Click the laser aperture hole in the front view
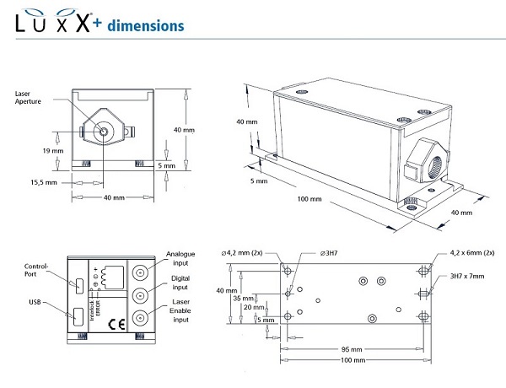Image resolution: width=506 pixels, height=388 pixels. pyautogui.click(x=103, y=132)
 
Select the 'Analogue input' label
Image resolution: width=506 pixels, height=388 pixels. pyautogui.click(x=180, y=258)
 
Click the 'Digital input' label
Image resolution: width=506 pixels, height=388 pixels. pyautogui.click(x=180, y=283)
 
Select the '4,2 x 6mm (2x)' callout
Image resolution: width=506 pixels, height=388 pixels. pyautogui.click(x=476, y=251)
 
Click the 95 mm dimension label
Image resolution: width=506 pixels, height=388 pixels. pyautogui.click(x=353, y=348)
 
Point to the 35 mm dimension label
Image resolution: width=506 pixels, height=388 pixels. pyautogui.click(x=243, y=298)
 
